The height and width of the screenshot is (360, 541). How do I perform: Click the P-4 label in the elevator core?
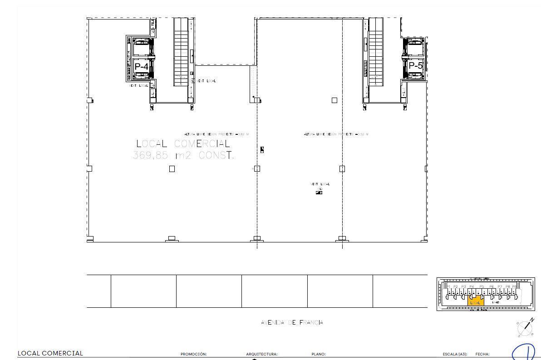tap(141, 66)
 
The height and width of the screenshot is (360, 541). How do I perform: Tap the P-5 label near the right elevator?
tap(415, 65)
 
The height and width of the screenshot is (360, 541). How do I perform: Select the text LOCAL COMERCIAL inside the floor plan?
tap(183, 143)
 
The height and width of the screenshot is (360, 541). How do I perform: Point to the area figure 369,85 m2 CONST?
tap(183, 155)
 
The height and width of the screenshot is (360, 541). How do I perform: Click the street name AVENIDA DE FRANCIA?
tap(292, 322)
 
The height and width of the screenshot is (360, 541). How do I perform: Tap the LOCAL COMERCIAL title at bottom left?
tap(50, 353)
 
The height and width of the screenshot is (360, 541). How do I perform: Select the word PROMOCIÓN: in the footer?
tap(193, 354)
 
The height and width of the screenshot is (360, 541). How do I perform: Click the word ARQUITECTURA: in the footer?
tap(261, 354)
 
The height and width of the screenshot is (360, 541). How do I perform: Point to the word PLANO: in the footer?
tap(319, 354)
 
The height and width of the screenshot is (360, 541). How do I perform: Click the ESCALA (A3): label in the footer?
tap(455, 354)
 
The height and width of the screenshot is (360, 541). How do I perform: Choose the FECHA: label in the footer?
tap(482, 354)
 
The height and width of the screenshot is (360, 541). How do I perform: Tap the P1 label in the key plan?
tap(448, 287)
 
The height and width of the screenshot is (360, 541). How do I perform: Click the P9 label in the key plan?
tap(514, 287)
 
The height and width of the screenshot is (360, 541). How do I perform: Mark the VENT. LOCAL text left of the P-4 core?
tap(139, 85)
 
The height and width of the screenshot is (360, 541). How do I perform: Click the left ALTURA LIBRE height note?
tap(216, 134)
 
